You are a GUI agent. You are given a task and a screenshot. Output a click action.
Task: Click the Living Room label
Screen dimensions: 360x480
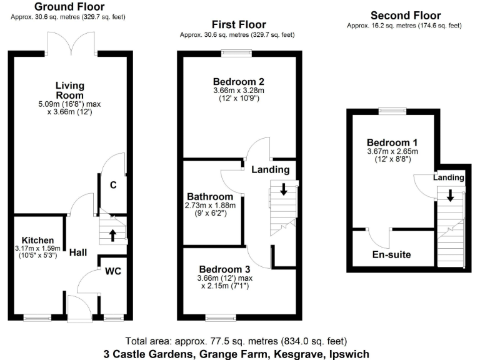70,91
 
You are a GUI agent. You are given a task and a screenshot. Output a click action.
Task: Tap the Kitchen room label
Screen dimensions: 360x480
37,241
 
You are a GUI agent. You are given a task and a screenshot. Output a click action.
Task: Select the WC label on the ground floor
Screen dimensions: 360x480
113,271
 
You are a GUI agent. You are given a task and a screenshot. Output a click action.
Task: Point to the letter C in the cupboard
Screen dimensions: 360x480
113,185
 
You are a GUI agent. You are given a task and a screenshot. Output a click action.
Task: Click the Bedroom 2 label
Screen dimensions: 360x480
238,82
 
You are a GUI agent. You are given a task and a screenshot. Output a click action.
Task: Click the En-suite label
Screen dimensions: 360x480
392,255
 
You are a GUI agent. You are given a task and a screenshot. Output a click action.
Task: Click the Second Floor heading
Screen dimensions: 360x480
405,16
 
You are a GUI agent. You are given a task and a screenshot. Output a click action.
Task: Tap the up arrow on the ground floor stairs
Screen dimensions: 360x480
113,235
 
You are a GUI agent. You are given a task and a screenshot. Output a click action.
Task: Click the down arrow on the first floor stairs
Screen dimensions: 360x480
284,189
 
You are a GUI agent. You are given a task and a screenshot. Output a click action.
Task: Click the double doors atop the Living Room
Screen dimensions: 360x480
71,45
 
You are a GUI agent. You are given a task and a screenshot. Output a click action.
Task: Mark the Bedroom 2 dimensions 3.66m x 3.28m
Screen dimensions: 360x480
238,91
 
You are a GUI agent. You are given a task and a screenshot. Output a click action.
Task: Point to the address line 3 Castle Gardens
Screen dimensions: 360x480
232,353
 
